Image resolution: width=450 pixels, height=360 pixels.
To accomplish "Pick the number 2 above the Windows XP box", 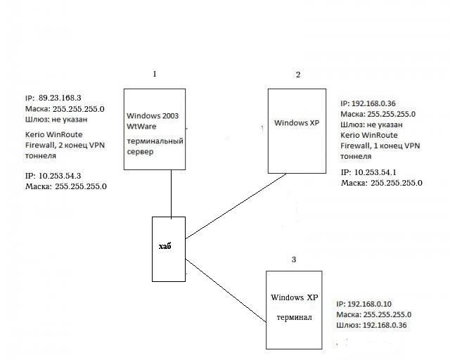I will (x=297, y=75).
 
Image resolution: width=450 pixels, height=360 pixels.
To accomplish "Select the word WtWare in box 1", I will (x=141, y=127).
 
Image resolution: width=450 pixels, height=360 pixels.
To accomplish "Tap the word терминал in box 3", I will (x=294, y=317).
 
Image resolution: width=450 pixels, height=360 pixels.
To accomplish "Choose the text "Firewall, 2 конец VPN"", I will (x=64, y=145).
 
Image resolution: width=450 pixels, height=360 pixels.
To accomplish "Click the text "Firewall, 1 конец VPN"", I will (x=379, y=146).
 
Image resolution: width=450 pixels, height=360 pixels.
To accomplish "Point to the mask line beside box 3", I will (x=375, y=314).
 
